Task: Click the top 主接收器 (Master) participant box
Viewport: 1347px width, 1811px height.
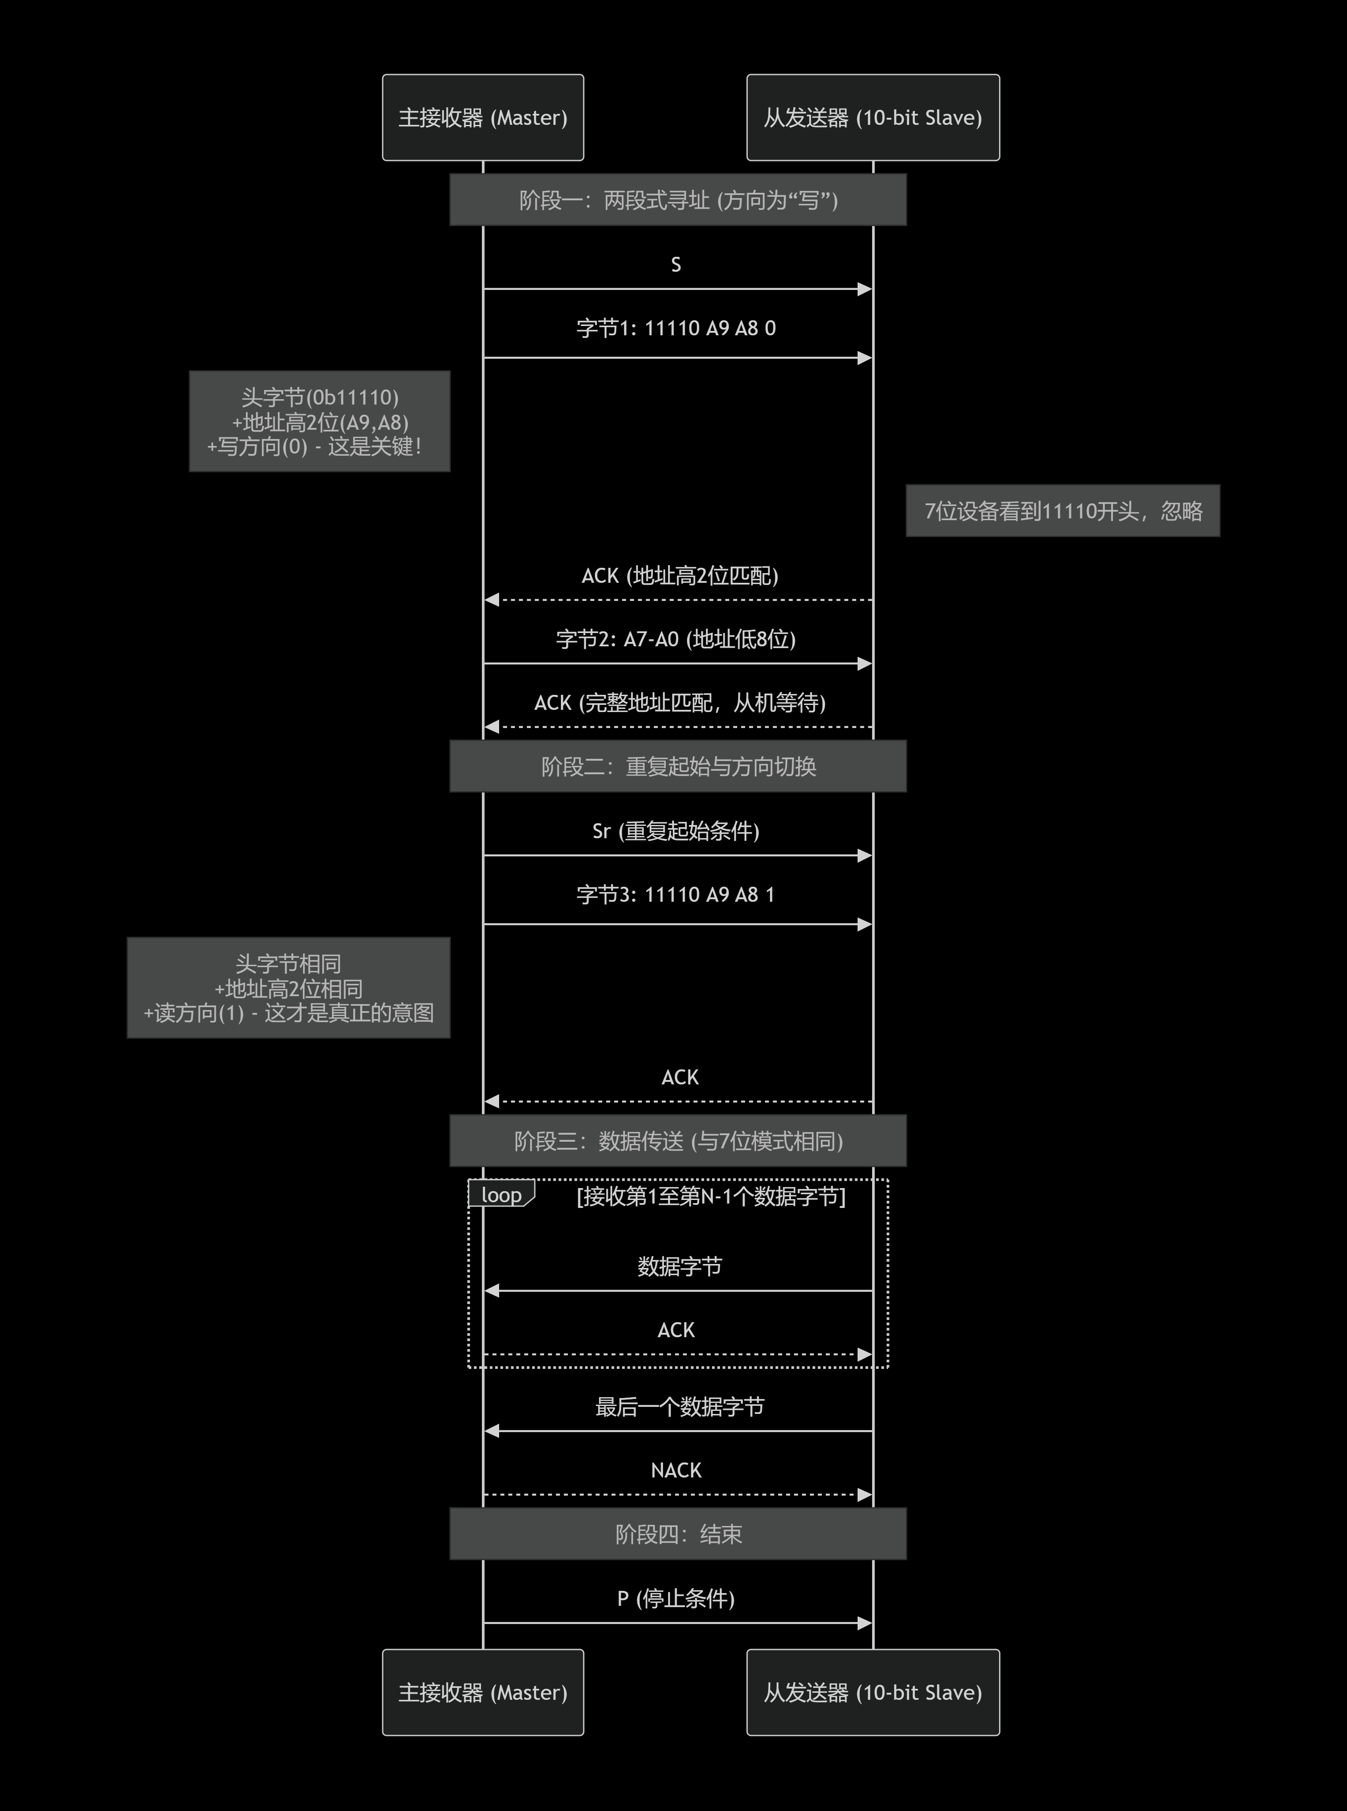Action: pos(483,117)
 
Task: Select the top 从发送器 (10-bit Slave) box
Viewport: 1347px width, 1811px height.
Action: pos(873,117)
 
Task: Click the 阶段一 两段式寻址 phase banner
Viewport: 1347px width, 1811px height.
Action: pos(678,200)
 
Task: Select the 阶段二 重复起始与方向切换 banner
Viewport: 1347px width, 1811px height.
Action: pos(678,766)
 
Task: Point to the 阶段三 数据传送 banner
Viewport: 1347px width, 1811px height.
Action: pos(678,1140)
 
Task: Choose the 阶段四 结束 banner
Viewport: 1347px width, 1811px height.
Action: pos(678,1534)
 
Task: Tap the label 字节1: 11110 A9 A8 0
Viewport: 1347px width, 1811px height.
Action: pos(676,328)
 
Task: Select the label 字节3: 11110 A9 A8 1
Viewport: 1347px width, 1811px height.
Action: pos(676,894)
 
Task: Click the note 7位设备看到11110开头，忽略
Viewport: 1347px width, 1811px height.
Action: pos(1063,511)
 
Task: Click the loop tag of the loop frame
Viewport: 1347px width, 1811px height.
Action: pos(500,1194)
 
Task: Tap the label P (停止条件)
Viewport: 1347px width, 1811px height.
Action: pos(676,1598)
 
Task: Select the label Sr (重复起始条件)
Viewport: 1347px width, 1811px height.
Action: pos(676,830)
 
